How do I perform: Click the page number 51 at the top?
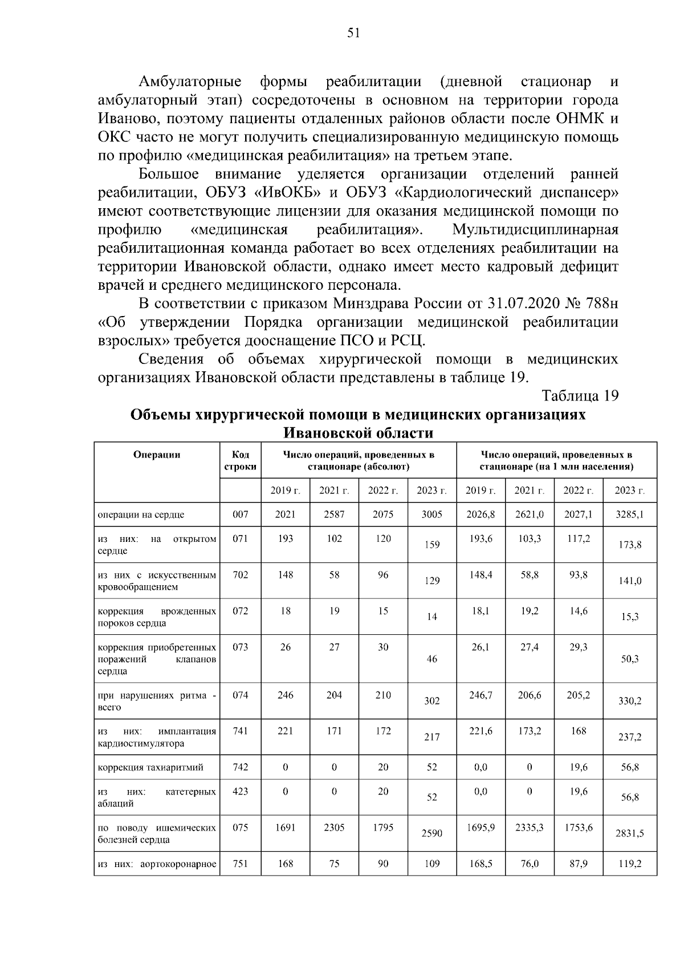353,33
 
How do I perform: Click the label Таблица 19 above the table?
580,396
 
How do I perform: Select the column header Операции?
157,455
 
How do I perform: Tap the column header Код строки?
240,460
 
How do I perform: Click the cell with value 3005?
431,515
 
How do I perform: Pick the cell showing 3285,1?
629,515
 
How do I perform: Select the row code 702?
240,575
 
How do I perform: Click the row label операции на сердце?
141,515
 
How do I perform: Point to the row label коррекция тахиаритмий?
150,767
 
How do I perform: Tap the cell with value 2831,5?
629,833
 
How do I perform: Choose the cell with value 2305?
334,827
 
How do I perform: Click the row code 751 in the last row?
240,864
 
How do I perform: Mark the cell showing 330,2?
629,701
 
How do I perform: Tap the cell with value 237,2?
629,737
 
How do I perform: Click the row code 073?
240,647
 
